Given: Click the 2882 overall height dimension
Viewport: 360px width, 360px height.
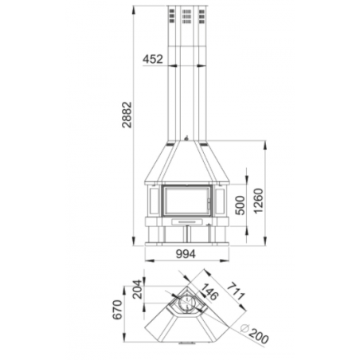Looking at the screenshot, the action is coord(127,115).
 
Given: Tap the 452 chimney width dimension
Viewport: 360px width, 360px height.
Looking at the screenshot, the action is coord(153,59).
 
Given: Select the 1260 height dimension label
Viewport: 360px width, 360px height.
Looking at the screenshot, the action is coord(258,201).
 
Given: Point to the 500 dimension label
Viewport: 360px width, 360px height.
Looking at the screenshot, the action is coord(241,205).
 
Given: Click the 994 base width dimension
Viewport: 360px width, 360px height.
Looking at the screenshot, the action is coord(186,254).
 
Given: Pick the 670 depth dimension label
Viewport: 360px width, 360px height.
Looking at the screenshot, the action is coord(118,310).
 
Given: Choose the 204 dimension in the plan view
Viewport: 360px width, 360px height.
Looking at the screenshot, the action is coord(138,289).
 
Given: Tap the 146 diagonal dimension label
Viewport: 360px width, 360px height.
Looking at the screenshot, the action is coord(209,292).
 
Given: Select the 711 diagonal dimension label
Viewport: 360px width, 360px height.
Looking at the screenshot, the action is coord(236,292).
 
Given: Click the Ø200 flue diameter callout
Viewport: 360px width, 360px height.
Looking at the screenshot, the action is coord(254,334).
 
